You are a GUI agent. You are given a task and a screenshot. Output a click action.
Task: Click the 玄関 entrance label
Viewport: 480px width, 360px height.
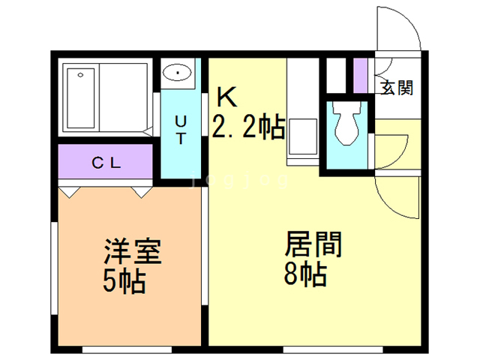coord(397,88)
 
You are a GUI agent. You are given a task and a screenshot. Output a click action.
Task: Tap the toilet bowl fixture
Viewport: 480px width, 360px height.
coord(346,124)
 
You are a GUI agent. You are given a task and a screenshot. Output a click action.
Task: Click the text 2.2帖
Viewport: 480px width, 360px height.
coord(247,128)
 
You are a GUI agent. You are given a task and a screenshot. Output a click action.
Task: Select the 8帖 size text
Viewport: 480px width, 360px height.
coord(304,276)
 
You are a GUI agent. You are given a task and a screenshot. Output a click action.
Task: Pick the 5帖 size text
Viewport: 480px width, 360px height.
coord(124,281)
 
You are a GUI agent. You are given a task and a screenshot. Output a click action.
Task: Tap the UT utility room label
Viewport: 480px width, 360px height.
coord(181,129)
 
